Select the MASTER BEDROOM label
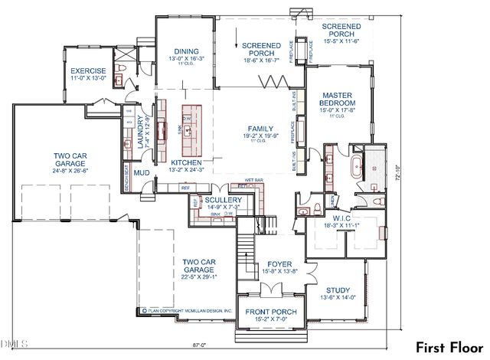point(337,99)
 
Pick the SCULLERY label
point(223,199)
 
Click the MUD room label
point(141,173)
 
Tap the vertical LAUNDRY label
point(140,131)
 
